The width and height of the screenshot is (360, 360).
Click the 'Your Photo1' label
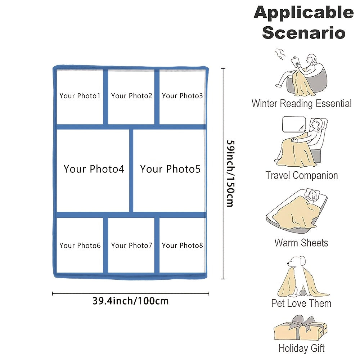tap(80, 96)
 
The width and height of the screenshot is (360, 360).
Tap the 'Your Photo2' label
tap(131, 96)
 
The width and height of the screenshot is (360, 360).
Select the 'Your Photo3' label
tap(182, 96)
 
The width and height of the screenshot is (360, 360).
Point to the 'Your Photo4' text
tap(94, 169)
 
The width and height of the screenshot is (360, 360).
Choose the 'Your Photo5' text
tap(170, 169)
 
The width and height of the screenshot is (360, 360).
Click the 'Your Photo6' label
tap(80, 246)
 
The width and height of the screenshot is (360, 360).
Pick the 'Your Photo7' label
tap(131, 246)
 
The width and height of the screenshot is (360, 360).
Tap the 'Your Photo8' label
tap(182, 246)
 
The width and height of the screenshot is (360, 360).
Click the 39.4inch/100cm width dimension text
tap(130, 301)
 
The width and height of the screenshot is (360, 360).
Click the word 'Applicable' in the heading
tap(303, 13)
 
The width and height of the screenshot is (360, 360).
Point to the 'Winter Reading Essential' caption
tap(301, 104)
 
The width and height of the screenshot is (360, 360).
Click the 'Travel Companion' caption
tap(301, 176)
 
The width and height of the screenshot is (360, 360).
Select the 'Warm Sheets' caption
tap(301, 242)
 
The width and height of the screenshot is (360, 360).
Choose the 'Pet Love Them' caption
tap(301, 303)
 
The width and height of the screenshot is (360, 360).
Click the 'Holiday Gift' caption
tap(301, 348)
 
